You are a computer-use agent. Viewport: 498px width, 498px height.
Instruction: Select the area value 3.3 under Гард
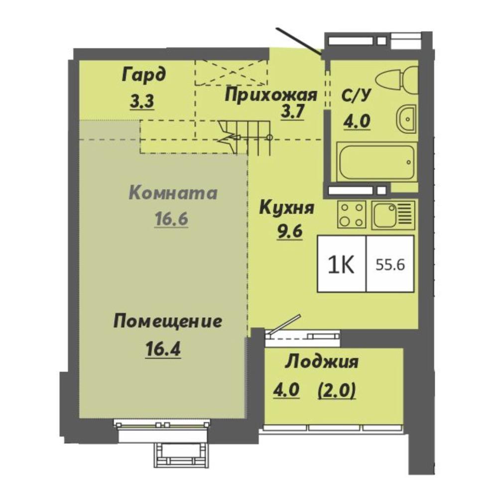(142, 102)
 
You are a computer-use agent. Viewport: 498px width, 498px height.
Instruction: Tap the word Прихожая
(270, 95)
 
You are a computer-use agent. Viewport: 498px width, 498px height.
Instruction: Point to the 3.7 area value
(292, 112)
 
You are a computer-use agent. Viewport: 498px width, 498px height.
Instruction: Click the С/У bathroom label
(356, 95)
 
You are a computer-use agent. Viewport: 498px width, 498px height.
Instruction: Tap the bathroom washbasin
(406, 119)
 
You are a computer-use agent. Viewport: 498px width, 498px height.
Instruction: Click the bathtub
(376, 162)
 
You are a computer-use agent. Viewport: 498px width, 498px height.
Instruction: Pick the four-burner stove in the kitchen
(352, 215)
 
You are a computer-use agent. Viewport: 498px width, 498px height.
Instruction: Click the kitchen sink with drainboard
(393, 215)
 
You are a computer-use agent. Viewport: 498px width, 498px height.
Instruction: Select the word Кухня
(287, 208)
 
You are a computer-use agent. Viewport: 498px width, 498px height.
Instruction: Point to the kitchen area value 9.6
(289, 232)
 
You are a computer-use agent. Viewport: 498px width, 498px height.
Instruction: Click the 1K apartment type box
(342, 264)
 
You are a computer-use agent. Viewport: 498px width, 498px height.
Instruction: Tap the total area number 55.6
(390, 264)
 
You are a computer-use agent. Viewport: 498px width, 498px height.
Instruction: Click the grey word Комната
(173, 193)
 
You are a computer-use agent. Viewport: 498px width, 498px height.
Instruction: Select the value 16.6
(171, 219)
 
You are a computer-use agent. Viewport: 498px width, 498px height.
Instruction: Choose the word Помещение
(168, 321)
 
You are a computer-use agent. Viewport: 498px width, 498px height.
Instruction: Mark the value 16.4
(163, 349)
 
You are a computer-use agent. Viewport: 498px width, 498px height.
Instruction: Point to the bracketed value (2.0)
(337, 390)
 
